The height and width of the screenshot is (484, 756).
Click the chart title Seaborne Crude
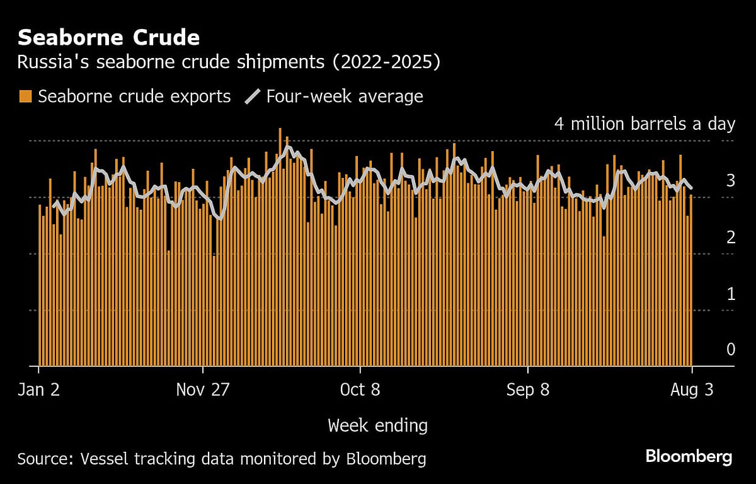(108, 38)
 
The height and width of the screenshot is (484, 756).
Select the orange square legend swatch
(25, 96)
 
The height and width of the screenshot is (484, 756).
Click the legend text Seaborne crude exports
(134, 96)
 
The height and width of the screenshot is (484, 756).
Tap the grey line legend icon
(252, 96)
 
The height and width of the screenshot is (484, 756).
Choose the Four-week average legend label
(345, 96)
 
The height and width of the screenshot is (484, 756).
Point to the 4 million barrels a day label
(644, 124)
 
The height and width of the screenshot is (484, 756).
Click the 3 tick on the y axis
(730, 180)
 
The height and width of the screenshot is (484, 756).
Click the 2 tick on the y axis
(730, 237)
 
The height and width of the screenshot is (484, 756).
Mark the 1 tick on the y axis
(730, 293)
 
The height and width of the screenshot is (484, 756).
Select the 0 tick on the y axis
(730, 349)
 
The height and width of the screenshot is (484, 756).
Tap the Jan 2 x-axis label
(39, 390)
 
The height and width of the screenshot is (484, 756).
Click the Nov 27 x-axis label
(203, 390)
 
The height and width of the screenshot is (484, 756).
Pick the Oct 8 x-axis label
(360, 390)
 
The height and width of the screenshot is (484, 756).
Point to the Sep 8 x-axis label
(528, 390)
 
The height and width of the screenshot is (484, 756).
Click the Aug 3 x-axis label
(692, 390)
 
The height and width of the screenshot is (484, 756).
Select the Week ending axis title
(377, 426)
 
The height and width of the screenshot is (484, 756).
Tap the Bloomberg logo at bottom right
(689, 457)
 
